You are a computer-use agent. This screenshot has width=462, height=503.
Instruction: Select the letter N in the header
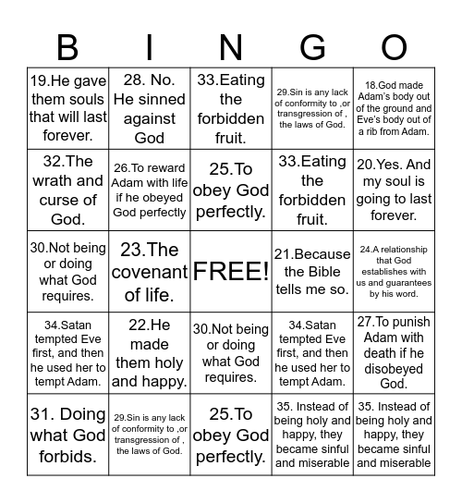(230, 46)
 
